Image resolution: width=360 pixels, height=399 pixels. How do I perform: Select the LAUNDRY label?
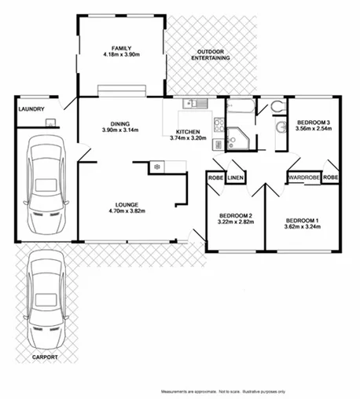pos(31,109)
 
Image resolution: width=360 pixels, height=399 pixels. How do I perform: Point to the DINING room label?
pos(120,123)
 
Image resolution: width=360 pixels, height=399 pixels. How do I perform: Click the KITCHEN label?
pos(187,131)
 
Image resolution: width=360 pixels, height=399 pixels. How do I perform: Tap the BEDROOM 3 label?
pos(313,122)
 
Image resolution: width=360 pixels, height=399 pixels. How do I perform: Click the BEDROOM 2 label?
pos(235,215)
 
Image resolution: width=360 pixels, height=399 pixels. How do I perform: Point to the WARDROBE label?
pos(304,178)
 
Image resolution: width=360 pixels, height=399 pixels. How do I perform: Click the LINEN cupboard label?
pos(236,178)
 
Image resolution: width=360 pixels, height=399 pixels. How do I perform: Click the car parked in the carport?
pos(45,302)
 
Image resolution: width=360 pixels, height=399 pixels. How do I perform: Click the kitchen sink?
pos(192,104)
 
